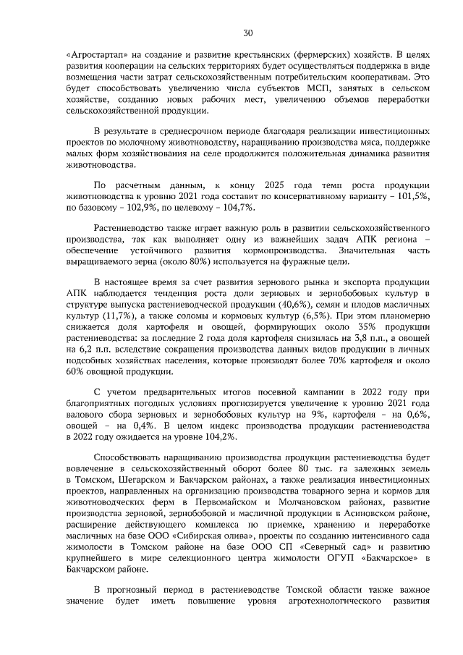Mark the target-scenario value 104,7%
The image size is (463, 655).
(x=237, y=207)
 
